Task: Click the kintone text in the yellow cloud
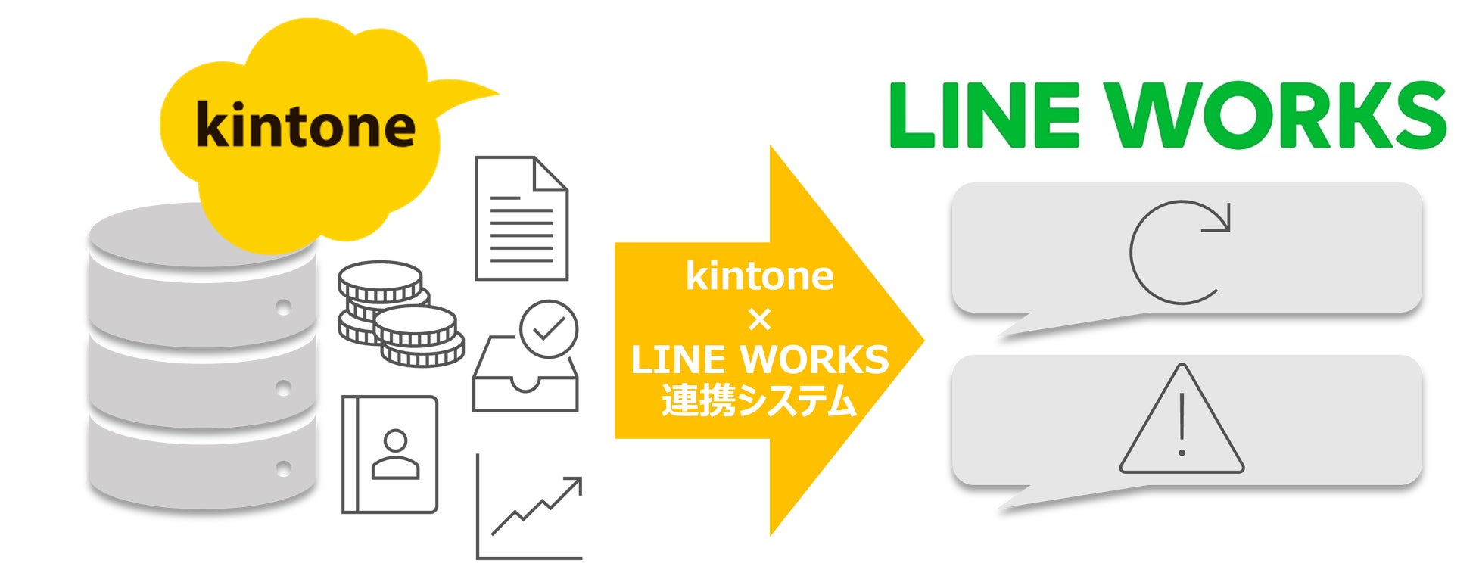[x=305, y=125]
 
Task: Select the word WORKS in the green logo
[x=1279, y=116]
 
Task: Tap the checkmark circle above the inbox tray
[x=549, y=328]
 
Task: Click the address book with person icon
[x=390, y=454]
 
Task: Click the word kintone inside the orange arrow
[x=759, y=276]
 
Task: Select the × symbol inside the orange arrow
[x=759, y=320]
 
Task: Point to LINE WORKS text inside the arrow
[x=759, y=359]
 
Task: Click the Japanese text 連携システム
[x=759, y=401]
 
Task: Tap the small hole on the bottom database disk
[x=284, y=468]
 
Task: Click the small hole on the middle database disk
[x=284, y=388]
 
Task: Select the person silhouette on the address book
[x=395, y=454]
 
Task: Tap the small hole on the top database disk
[x=284, y=308]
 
